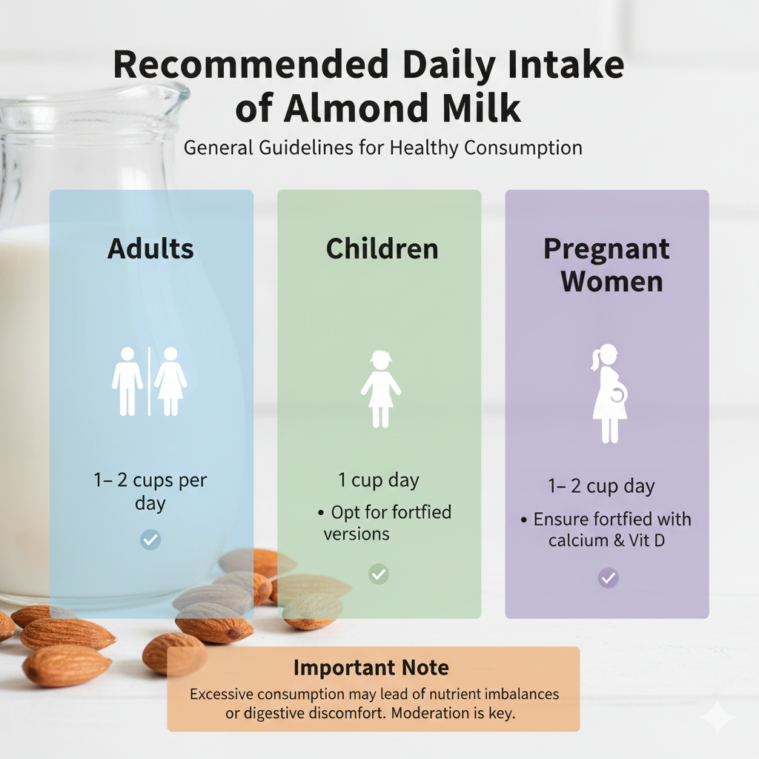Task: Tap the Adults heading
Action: [x=150, y=248]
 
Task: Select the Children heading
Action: [x=382, y=248]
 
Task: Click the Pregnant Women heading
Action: [x=607, y=265]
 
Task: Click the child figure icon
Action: [x=381, y=388]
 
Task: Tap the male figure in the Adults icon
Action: [x=127, y=381]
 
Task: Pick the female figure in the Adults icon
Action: [x=170, y=381]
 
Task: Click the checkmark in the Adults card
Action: [x=150, y=539]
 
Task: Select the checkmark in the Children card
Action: [x=379, y=573]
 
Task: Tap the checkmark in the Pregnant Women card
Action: [x=608, y=577]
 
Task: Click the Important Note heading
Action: [x=371, y=667]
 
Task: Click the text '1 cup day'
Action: [x=379, y=480]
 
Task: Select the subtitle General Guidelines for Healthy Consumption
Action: [x=382, y=148]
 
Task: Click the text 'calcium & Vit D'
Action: [x=606, y=540]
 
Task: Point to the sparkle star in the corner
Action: [x=717, y=717]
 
